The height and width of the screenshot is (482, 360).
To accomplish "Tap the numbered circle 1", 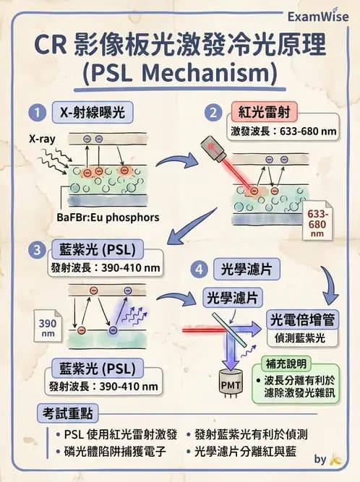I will (34, 113).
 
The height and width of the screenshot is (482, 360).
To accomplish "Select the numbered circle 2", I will (213, 113).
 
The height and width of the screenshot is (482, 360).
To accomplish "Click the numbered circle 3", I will (34, 251).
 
